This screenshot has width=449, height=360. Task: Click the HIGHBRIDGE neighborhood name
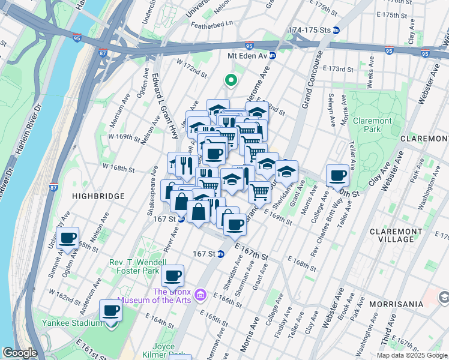[x=98, y=196]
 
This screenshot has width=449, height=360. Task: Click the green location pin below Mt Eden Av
[x=229, y=80]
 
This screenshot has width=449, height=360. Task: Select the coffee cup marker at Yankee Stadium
[x=110, y=311]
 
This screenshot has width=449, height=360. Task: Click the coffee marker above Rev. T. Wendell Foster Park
[x=173, y=276]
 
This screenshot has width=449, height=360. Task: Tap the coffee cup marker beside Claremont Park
[x=338, y=176]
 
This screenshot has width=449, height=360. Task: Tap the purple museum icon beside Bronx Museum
[x=201, y=295]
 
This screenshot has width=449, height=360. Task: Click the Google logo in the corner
[x=20, y=353]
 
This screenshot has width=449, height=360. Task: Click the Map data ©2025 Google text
[x=411, y=355]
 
